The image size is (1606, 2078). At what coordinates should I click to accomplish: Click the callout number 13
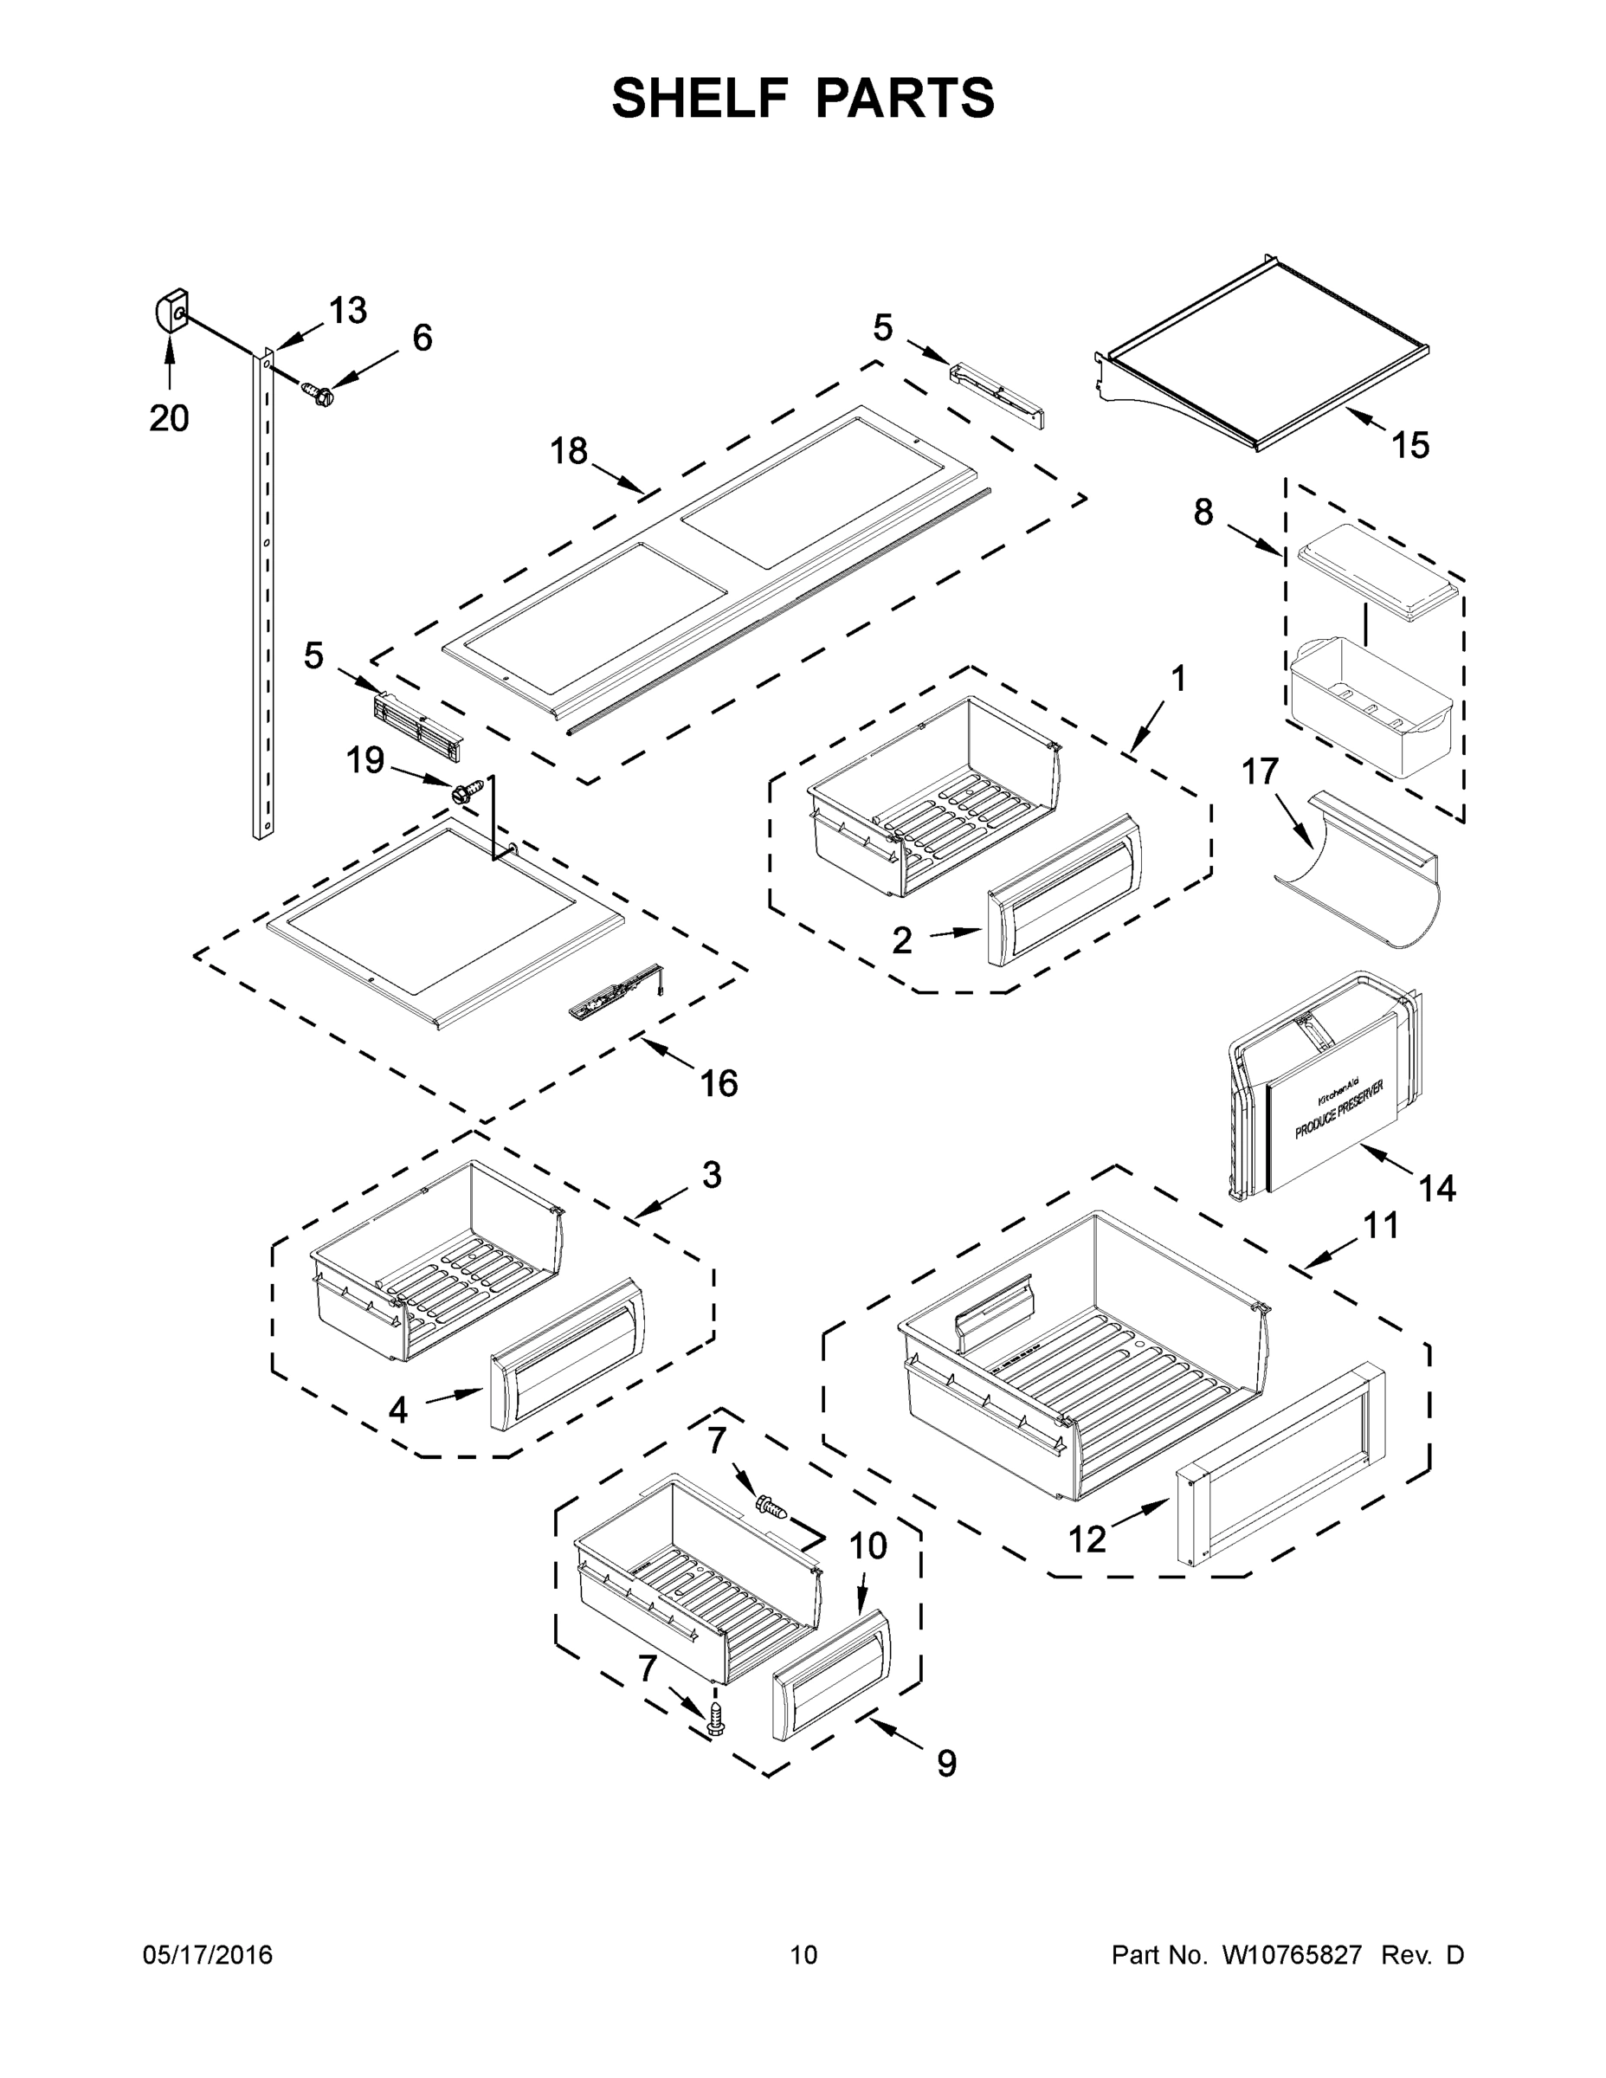point(347,310)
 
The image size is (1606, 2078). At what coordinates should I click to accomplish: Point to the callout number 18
point(569,450)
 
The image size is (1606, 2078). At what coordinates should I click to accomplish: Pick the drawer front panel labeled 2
point(1064,888)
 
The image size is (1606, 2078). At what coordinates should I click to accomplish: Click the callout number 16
point(719,1083)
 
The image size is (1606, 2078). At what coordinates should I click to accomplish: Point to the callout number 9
point(945,1763)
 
